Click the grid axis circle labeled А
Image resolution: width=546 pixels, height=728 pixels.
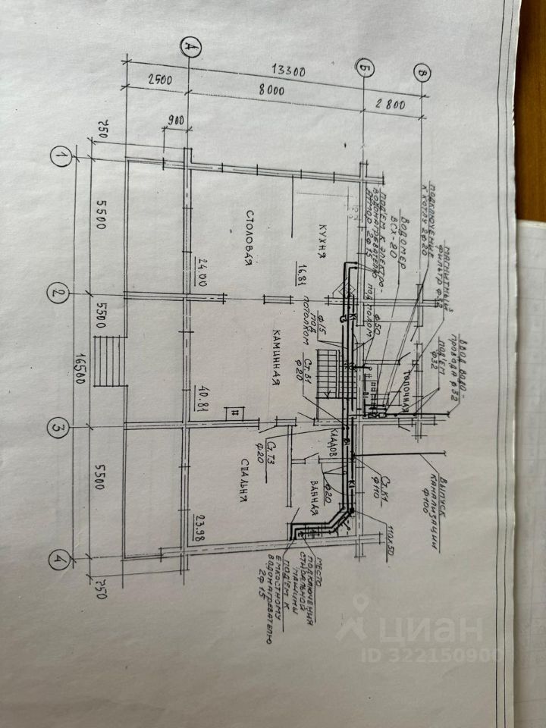tap(190, 48)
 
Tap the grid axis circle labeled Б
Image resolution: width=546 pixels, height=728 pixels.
tap(365, 71)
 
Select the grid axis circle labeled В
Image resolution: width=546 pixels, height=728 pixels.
tap(422, 73)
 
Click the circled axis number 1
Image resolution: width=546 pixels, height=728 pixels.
tap(59, 157)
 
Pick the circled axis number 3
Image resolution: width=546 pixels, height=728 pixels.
tap(58, 429)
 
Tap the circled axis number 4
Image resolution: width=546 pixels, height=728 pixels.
tap(58, 562)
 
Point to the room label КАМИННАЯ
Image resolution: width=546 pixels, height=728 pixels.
tap(278, 360)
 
